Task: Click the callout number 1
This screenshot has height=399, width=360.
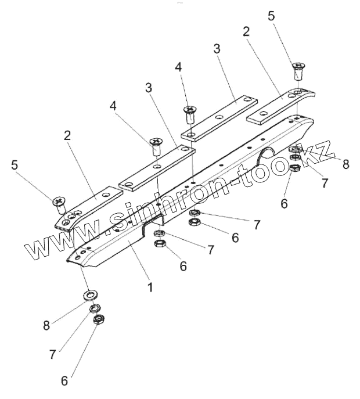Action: (150, 287)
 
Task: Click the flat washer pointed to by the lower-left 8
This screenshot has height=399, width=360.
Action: (91, 294)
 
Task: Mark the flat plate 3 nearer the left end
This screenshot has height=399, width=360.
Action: (156, 169)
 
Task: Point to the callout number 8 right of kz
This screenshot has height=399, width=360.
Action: (346, 164)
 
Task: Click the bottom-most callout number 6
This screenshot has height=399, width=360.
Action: (64, 381)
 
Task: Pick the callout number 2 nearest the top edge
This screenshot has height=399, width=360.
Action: (246, 32)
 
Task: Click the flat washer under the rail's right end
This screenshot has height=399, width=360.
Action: (296, 150)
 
